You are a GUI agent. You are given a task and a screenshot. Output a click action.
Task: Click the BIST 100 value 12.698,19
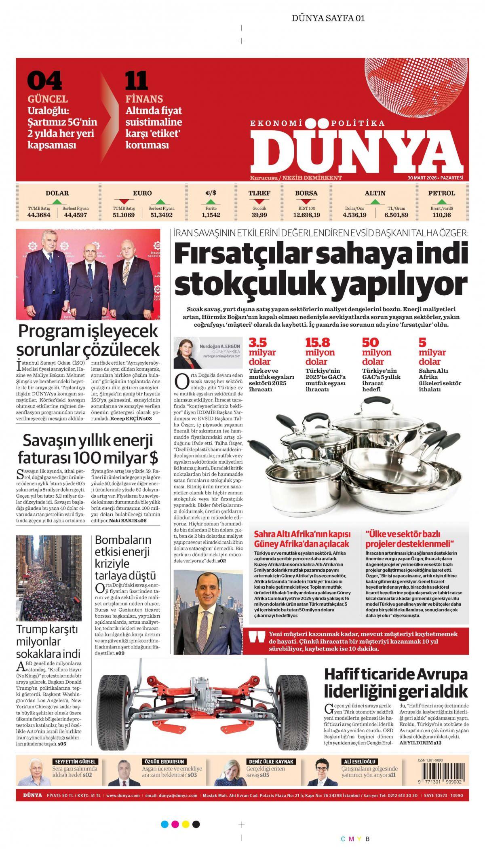pos(306,215)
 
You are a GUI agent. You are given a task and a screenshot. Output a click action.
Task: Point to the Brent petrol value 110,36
pos(441,215)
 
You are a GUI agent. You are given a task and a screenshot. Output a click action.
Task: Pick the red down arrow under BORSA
pos(306,201)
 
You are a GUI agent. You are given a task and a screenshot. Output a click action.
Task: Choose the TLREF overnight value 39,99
pos(259,215)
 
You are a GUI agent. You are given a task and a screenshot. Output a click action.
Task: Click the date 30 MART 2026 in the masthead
pos(422,178)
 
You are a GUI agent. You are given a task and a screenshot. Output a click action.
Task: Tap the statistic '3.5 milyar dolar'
pos(259,352)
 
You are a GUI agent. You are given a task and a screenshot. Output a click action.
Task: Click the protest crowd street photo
pos(48,578)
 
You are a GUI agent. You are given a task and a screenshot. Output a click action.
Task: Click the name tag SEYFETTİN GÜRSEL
pos(73,762)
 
